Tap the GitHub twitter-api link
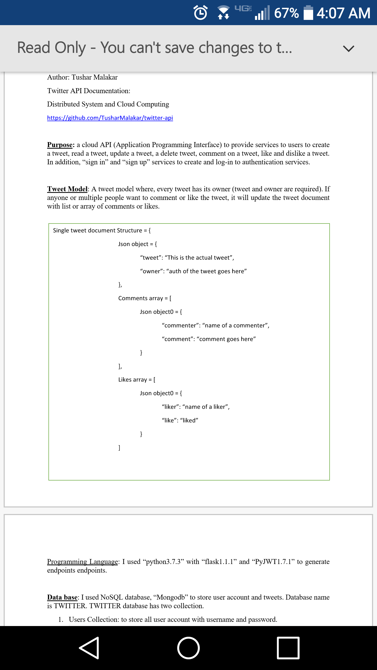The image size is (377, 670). [x=110, y=118]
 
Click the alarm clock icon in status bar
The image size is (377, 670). [x=201, y=13]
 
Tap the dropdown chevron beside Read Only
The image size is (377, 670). [x=348, y=48]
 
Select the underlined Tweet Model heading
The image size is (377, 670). [x=67, y=189]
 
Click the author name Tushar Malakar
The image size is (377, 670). [x=95, y=77]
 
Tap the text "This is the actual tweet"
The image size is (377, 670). [x=199, y=258]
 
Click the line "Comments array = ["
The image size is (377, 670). [x=145, y=298]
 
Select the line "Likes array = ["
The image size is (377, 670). [x=137, y=379]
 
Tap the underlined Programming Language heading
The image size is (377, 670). [x=82, y=562]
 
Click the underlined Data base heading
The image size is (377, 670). [x=62, y=597]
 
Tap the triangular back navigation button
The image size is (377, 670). [x=89, y=648]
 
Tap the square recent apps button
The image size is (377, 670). [x=288, y=648]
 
